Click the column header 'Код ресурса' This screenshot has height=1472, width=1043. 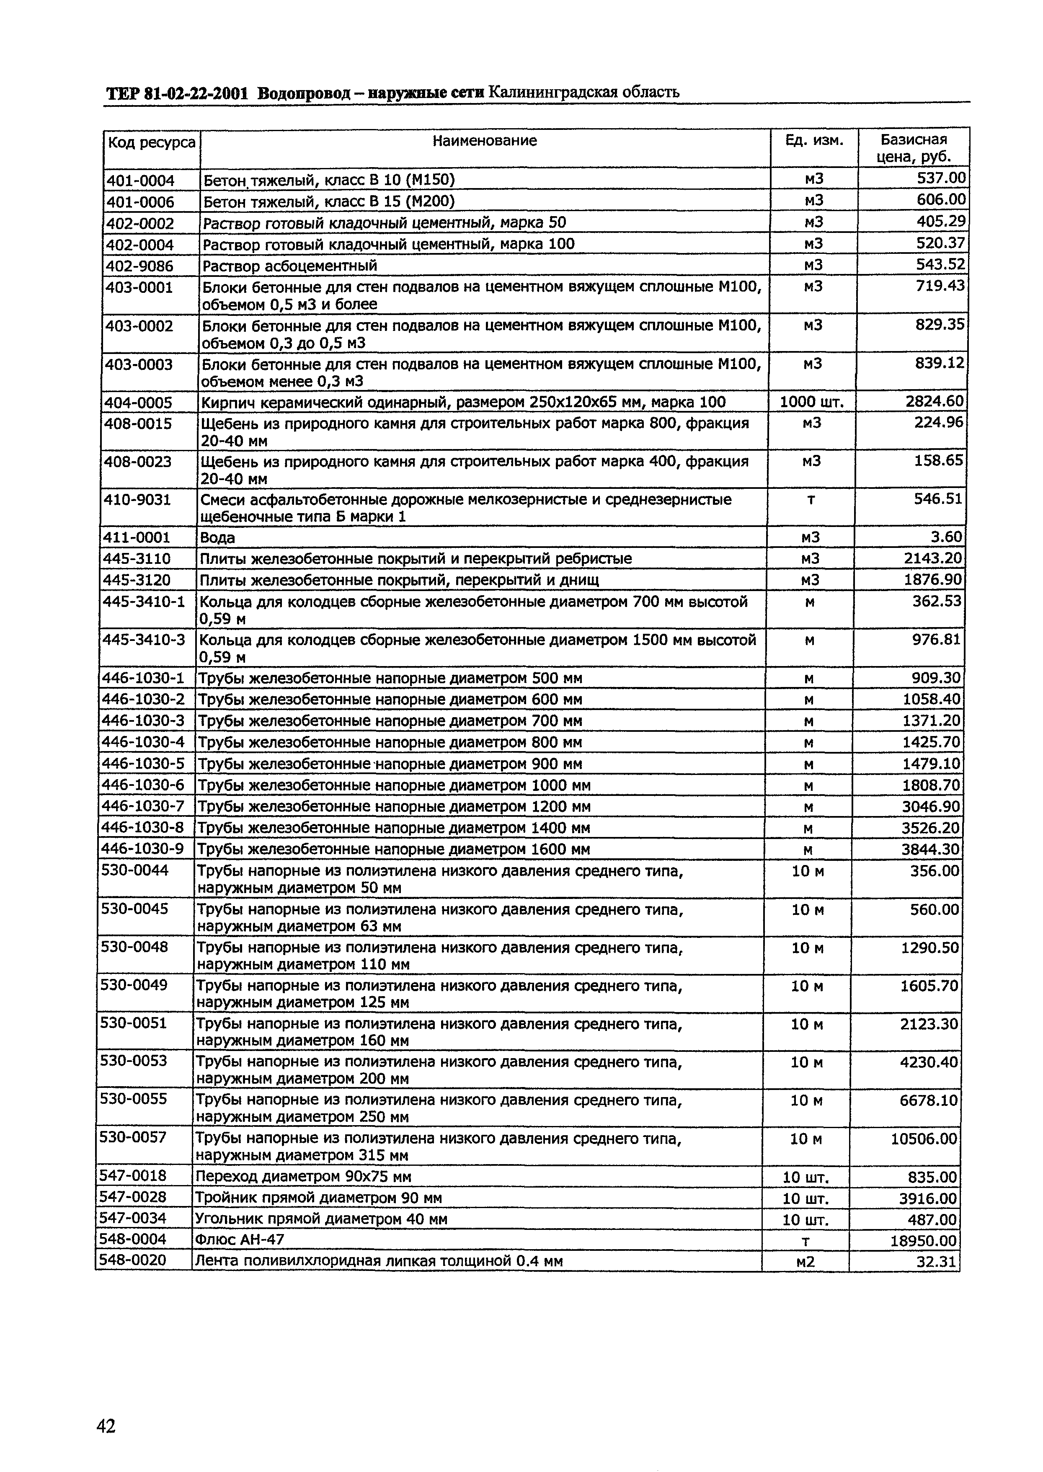click(152, 142)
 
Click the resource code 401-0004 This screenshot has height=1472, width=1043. click(140, 181)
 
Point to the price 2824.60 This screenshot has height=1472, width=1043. click(935, 401)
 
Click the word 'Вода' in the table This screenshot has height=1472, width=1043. click(218, 537)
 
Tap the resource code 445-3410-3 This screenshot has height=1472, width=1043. click(144, 640)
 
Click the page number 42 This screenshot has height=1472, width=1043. click(106, 1408)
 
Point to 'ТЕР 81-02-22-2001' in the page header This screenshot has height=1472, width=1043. click(177, 94)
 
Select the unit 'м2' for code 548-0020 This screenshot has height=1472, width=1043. click(805, 1261)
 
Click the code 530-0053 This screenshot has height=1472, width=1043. click(134, 1060)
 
